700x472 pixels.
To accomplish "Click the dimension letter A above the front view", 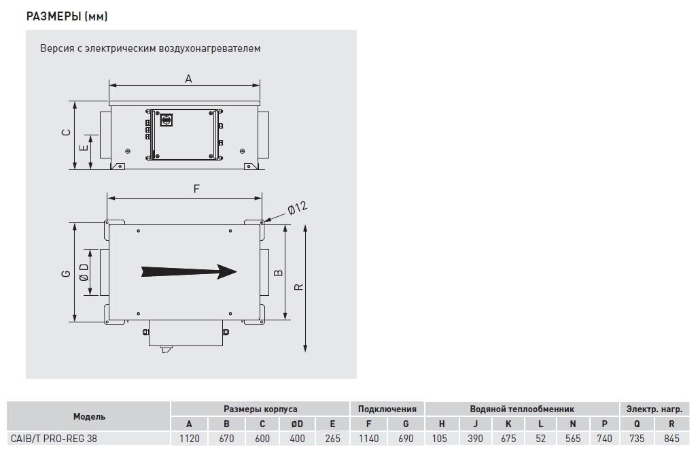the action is (188, 79).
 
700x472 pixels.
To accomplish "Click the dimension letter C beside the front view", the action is (66, 133).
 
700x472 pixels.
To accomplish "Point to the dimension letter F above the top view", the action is (196, 189).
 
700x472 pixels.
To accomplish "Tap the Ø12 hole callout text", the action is (297, 209).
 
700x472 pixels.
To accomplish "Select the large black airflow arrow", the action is (189, 271).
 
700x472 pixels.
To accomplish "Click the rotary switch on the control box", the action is (167, 119).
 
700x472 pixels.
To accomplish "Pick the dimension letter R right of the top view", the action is (298, 287).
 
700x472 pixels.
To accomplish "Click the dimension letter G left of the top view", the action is (66, 273).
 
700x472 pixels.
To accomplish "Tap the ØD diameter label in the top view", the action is (84, 272).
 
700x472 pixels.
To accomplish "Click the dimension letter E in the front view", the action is (84, 146).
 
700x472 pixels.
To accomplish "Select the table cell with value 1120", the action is (190, 439).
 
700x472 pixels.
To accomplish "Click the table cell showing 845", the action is (671, 439).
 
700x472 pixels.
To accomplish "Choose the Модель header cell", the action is (89, 417).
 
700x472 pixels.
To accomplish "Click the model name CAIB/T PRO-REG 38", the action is (54, 439).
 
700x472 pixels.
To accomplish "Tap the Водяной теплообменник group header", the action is (522, 409).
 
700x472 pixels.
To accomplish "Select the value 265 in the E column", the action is (332, 439).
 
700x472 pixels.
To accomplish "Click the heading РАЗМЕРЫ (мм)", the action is (67, 16).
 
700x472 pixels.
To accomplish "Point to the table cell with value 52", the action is (540, 439).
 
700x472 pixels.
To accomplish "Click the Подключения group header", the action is (387, 409).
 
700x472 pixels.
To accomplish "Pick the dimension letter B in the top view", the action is (278, 272).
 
